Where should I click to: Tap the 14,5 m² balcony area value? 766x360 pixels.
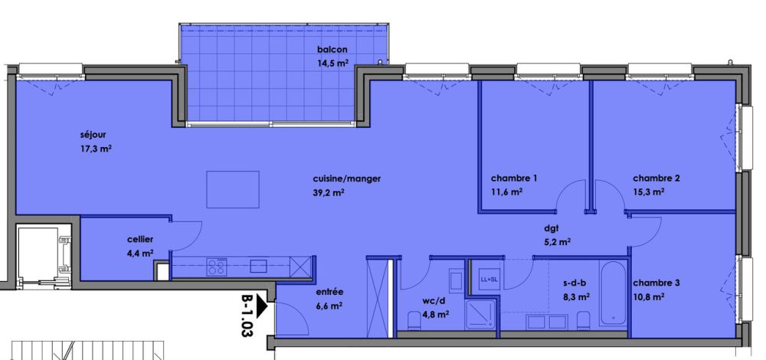(333, 65)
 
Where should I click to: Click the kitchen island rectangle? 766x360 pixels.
(232, 188)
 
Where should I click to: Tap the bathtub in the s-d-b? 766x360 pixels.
(613, 293)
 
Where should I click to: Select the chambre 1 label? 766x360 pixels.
(514, 178)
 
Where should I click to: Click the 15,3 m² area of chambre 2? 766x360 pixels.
(649, 191)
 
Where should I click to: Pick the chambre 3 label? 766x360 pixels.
(656, 283)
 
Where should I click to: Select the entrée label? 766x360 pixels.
(329, 292)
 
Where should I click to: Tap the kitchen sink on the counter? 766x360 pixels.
(258, 267)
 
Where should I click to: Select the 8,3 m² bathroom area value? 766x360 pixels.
(577, 296)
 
